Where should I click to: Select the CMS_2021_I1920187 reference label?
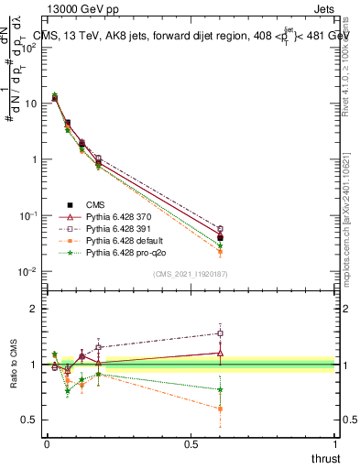pyautogui.click(x=190, y=274)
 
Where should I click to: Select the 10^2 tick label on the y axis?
pyautogui.click(x=27, y=48)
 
